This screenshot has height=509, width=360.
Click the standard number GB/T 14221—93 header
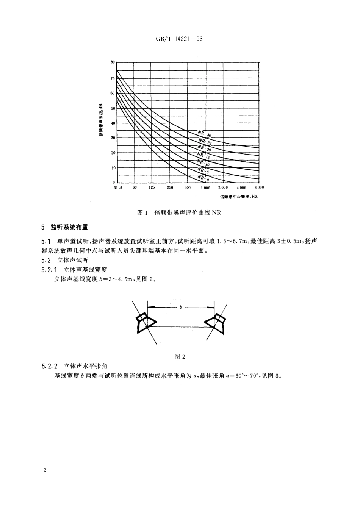[180, 39]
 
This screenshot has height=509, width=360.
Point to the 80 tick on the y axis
[113, 62]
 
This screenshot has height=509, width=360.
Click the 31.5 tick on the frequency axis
[118, 188]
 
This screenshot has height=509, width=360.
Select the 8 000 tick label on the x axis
[258, 188]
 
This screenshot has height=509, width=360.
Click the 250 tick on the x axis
[170, 188]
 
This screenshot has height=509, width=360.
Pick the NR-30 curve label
[205, 134]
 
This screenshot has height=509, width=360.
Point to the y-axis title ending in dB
[101, 120]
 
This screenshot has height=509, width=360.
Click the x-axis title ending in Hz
[239, 197]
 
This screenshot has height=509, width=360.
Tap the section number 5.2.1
[49, 270]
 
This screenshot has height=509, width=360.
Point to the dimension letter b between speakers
[181, 307]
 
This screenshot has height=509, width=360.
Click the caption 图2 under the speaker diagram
[180, 357]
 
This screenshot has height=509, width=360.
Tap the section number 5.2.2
[49, 366]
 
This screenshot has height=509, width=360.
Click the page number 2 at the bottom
[45, 470]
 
